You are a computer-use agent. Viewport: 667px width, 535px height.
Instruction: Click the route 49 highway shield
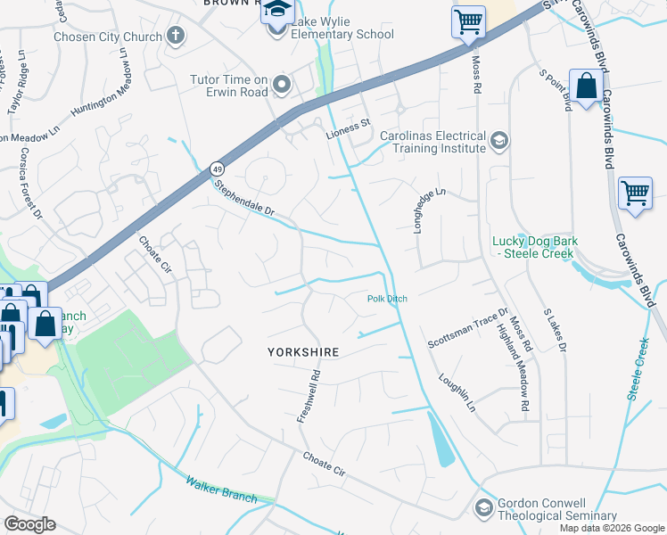(217, 169)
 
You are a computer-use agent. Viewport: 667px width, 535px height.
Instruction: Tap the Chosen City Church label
(108, 37)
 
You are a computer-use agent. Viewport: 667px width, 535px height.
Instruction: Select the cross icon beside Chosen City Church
(176, 37)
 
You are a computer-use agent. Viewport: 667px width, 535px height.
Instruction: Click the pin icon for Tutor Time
(283, 85)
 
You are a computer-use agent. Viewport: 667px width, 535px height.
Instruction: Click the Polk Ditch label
(387, 299)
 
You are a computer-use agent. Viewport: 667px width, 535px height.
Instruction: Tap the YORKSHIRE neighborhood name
(303, 352)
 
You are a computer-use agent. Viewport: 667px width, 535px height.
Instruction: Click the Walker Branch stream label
(220, 490)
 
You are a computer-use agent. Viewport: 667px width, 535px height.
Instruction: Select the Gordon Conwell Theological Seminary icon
(484, 507)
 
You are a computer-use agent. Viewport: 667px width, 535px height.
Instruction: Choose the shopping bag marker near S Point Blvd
(586, 87)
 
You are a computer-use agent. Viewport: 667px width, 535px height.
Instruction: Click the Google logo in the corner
(29, 524)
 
